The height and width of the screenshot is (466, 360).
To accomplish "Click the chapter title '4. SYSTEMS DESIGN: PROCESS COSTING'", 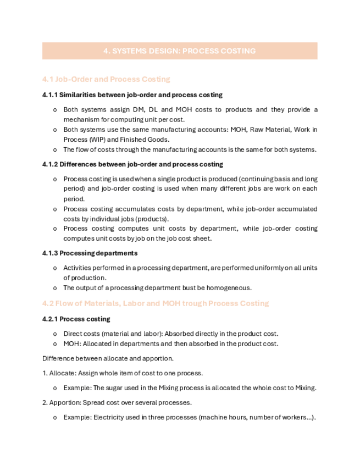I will pyautogui.click(x=180, y=51).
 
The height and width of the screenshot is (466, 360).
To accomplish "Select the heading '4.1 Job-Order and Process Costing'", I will pyautogui.click(x=106, y=79).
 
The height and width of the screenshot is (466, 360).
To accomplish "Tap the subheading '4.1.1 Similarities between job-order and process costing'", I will pyautogui.click(x=132, y=95).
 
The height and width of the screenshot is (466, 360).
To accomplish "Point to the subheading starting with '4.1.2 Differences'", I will pyautogui.click(x=132, y=164).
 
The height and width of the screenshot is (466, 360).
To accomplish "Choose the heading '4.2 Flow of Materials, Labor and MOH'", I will pyautogui.click(x=156, y=303).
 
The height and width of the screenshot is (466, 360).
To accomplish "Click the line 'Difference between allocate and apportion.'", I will pyautogui.click(x=108, y=358).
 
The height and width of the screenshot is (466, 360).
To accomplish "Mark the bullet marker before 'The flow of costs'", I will pyautogui.click(x=54, y=149).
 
